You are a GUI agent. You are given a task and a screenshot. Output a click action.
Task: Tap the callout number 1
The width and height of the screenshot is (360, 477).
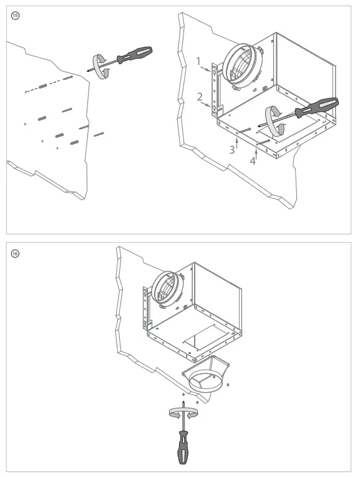click(x=198, y=62)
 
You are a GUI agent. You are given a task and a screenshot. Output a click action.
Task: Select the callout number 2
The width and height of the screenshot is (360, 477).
click(x=199, y=97)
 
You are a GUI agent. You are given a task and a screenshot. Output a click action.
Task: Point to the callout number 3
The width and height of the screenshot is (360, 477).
click(x=231, y=149)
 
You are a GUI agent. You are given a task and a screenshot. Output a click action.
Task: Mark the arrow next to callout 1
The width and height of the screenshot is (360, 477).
click(x=208, y=71)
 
